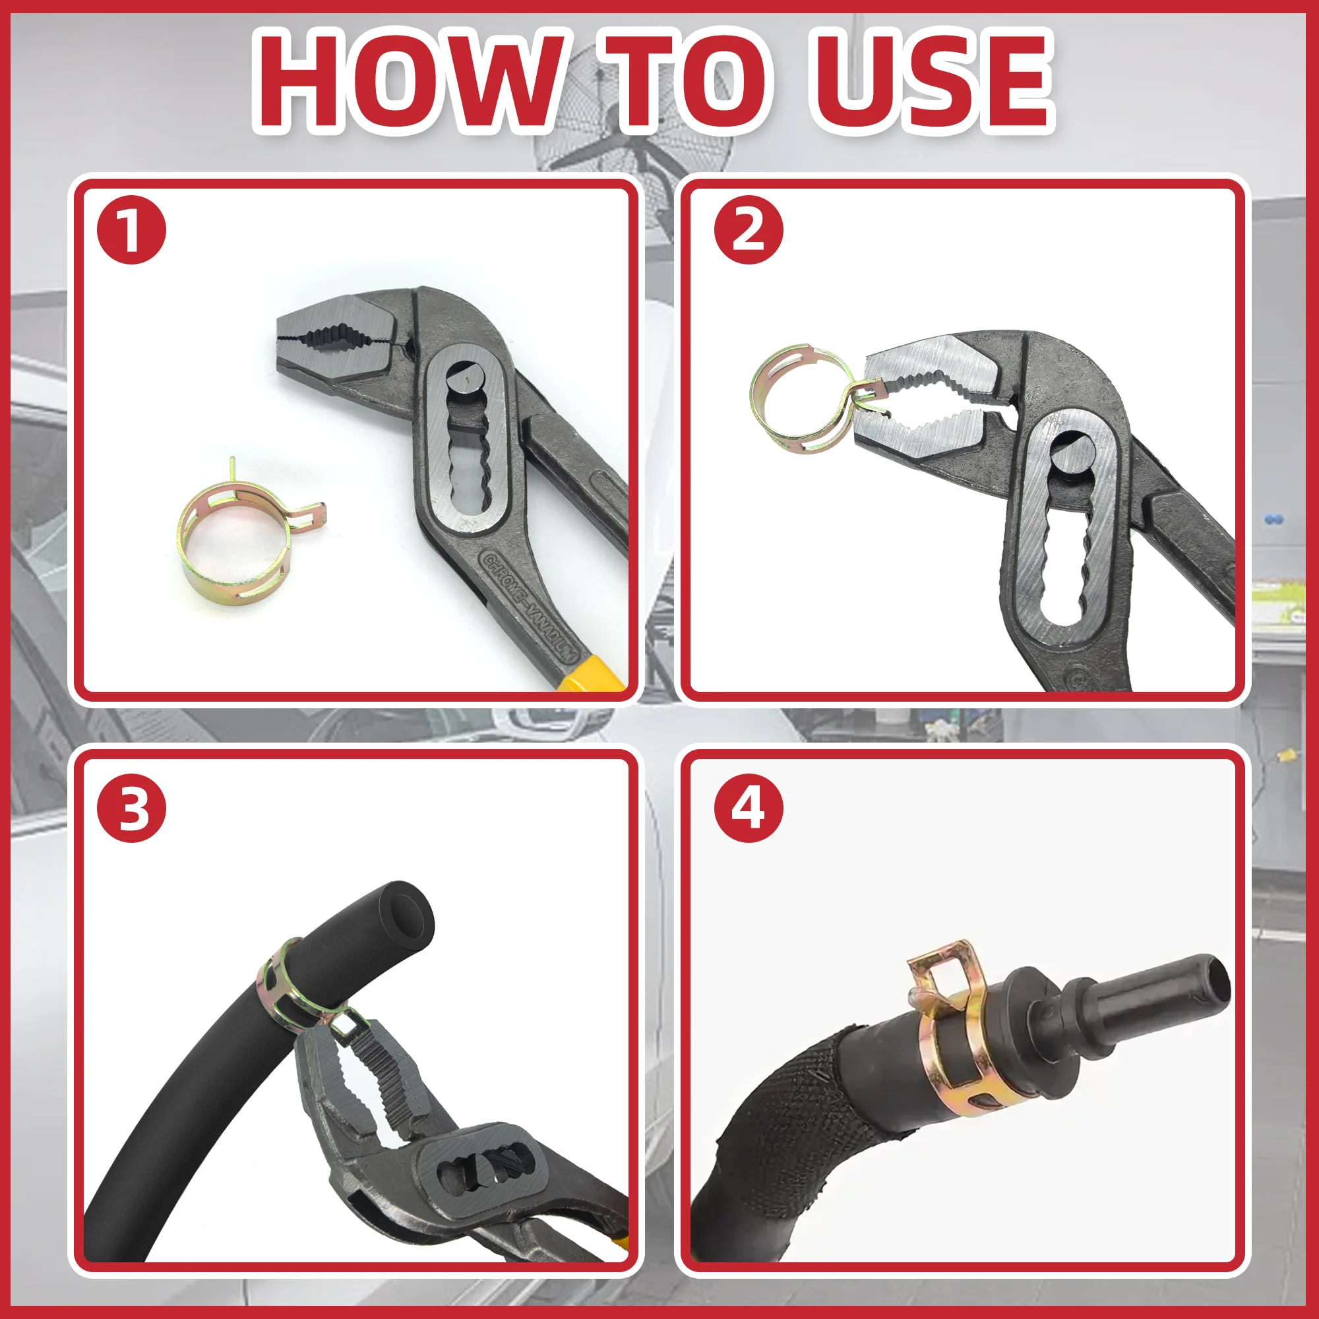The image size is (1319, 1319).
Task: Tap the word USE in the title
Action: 931,80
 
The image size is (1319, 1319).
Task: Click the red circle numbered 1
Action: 132,230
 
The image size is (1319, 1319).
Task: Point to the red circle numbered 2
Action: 749,230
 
